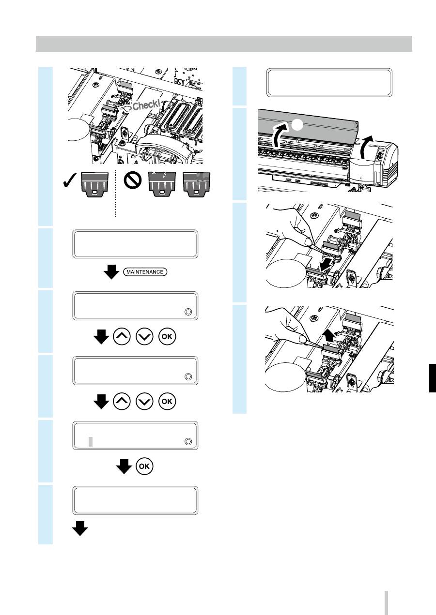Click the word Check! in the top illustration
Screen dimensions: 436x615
point(146,105)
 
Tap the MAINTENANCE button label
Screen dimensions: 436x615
point(145,272)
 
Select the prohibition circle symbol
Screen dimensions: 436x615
point(133,180)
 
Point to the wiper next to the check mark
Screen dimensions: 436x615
point(95,184)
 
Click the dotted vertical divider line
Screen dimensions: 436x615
point(116,194)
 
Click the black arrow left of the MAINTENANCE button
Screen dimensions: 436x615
point(111,272)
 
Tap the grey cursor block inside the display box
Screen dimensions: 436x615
point(91,441)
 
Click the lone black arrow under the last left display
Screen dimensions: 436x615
point(80,528)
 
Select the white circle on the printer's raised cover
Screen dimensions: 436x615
point(297,125)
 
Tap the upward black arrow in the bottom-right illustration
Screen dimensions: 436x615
point(329,336)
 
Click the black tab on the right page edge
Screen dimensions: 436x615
point(433,378)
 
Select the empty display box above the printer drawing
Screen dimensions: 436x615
point(329,83)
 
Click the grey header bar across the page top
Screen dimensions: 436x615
point(224,44)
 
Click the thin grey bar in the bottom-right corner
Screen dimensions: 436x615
point(386,602)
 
